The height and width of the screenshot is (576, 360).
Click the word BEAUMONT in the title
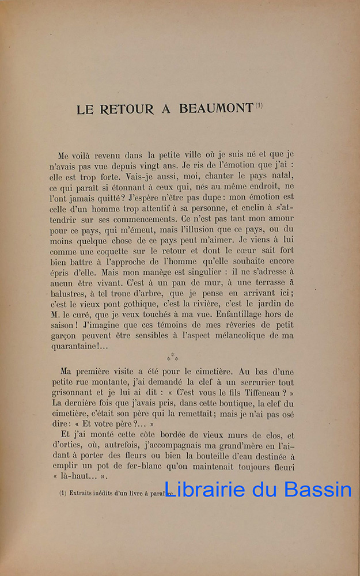click(x=216, y=108)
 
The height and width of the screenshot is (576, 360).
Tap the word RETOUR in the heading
click(x=125, y=109)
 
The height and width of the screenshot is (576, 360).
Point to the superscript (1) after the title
click(x=259, y=105)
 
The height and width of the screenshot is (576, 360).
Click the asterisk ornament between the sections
click(x=172, y=357)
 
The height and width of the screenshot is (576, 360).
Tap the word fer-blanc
click(x=139, y=467)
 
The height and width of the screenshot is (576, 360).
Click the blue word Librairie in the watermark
click(x=204, y=489)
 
